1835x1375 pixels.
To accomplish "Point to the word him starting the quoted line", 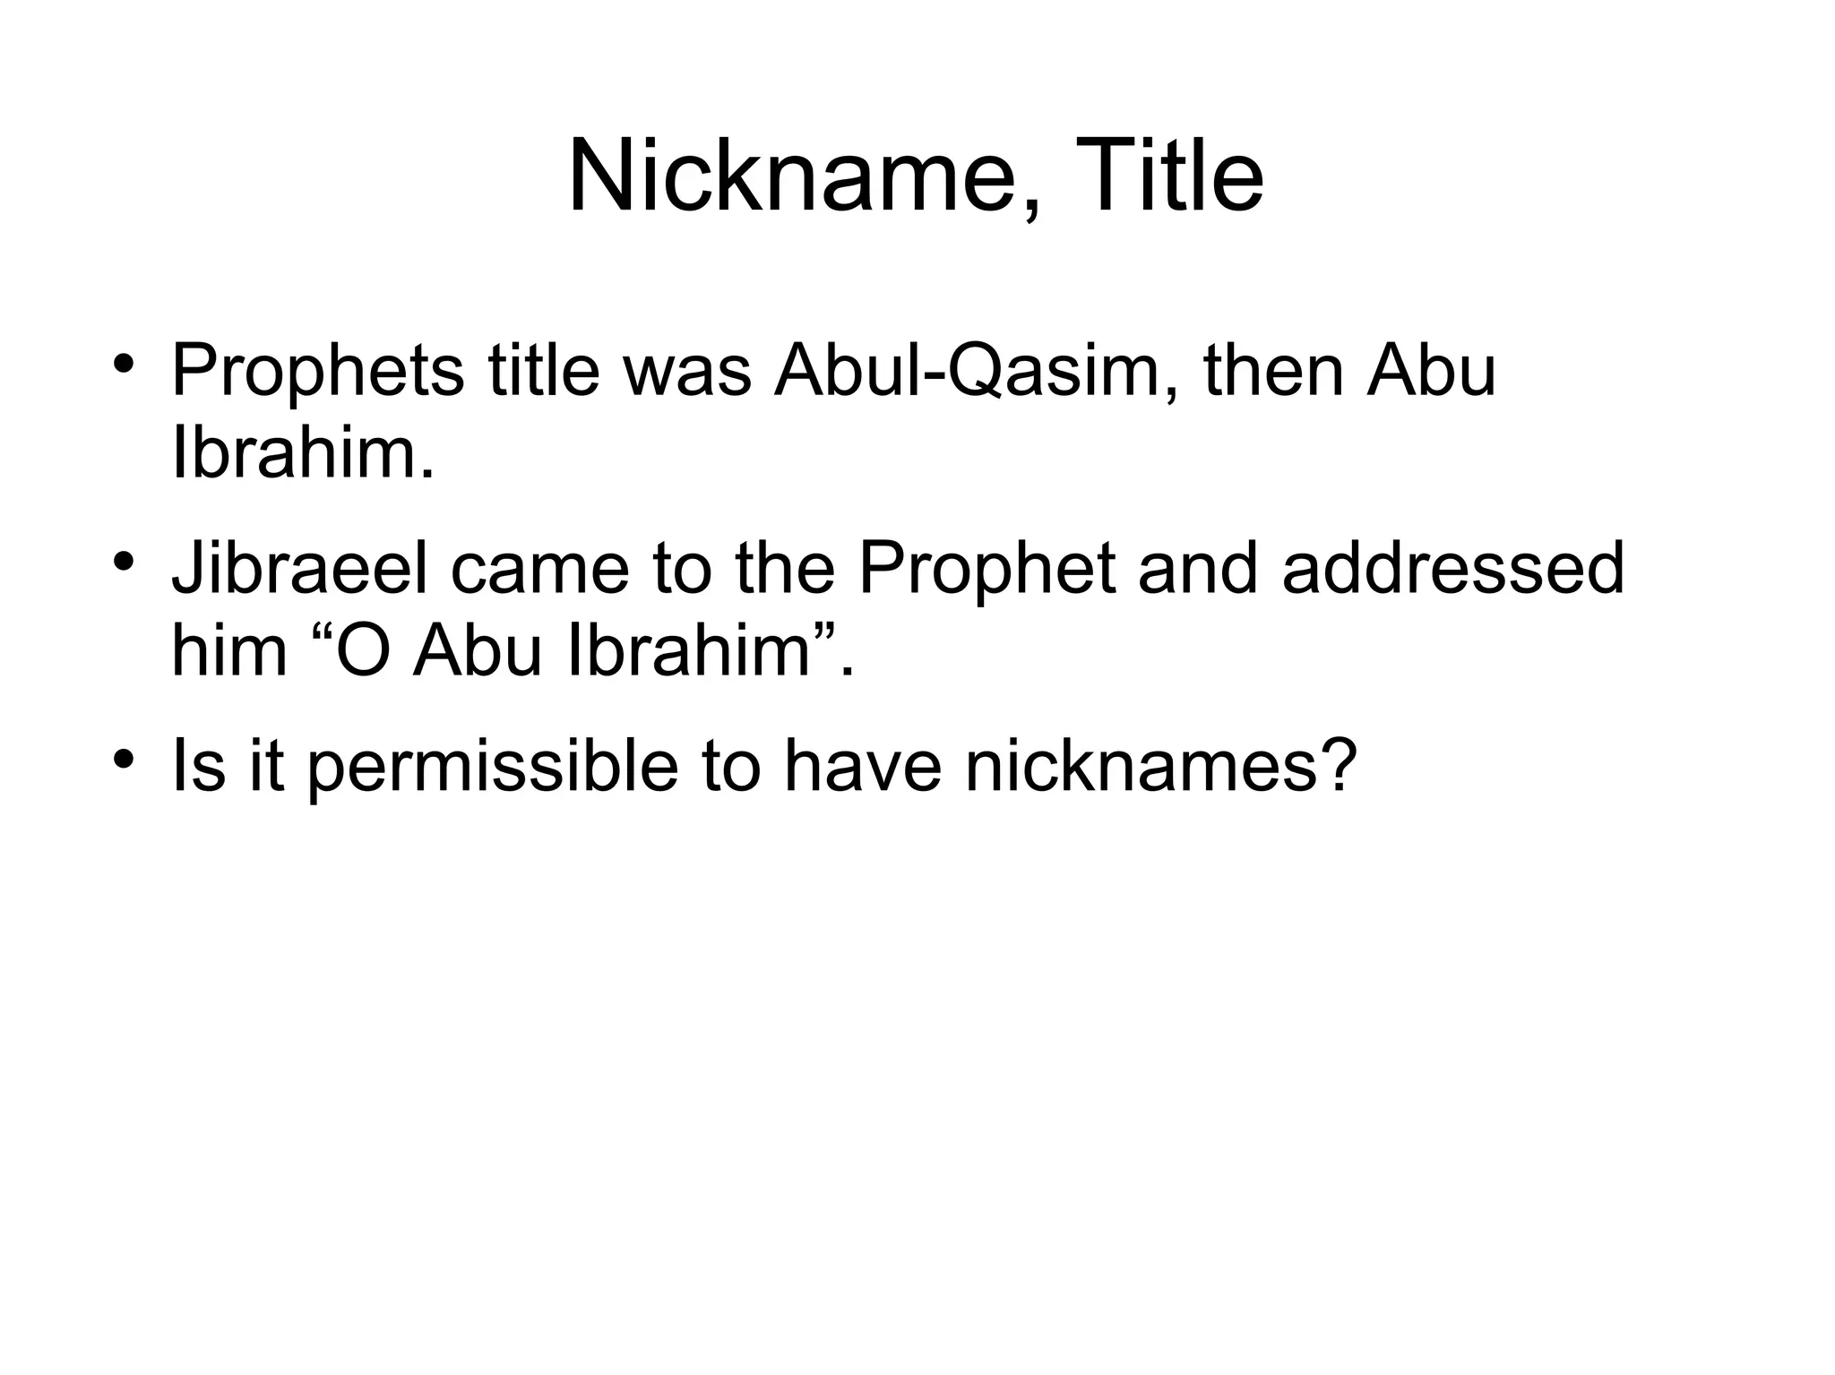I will click(x=229, y=650).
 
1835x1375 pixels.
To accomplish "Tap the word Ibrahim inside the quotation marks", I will click(x=690, y=650).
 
